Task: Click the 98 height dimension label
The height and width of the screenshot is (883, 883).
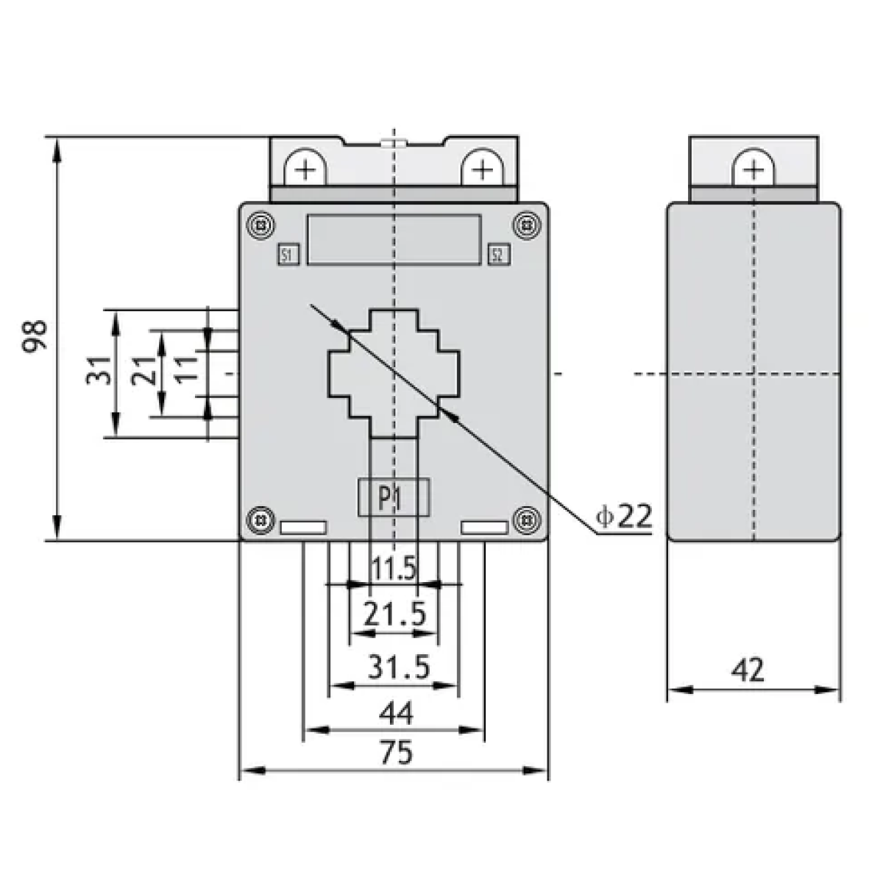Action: coord(35,336)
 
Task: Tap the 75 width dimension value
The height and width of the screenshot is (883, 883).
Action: coord(397,753)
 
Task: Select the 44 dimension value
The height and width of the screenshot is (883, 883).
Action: coord(397,714)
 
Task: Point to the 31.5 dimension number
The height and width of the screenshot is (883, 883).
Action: coord(399,666)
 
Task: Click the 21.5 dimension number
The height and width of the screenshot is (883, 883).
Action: coord(395,614)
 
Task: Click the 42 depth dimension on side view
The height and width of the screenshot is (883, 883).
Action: coord(748,670)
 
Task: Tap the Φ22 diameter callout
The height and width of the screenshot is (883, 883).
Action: coord(624,516)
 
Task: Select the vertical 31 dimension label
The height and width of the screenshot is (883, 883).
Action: coord(99,370)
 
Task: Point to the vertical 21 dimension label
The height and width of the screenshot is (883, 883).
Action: coord(143,370)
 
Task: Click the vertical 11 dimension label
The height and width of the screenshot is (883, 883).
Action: coord(186,369)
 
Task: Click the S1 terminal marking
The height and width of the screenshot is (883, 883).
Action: coord(288,255)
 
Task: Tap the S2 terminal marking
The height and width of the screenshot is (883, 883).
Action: coord(499,255)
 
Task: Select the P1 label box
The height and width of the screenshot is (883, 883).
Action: coord(394,497)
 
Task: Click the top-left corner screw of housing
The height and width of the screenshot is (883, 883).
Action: coord(261,226)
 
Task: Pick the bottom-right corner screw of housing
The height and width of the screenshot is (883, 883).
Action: coord(527,520)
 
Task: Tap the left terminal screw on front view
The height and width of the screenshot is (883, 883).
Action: coord(305,169)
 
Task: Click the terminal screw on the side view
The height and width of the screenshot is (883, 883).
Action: coord(753,169)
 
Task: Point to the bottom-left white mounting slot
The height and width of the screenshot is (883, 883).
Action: coord(303,528)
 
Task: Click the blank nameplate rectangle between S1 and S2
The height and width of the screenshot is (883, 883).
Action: coord(394,240)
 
